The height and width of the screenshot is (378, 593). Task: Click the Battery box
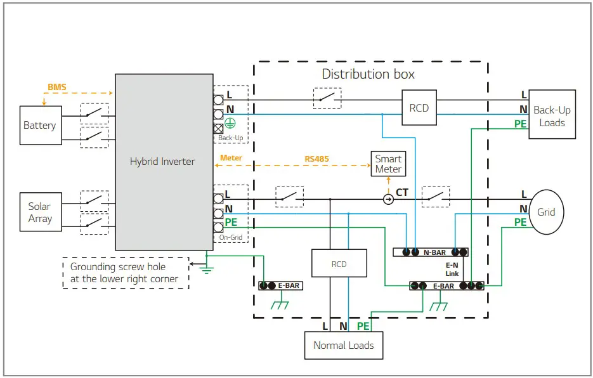click(x=39, y=126)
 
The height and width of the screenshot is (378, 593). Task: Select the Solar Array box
click(x=40, y=212)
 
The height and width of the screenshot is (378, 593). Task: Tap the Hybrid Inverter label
click(x=162, y=162)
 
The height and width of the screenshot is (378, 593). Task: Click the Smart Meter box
click(x=388, y=164)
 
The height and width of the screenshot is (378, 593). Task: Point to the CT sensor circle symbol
click(x=388, y=199)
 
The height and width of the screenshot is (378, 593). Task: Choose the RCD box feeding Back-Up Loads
click(x=419, y=108)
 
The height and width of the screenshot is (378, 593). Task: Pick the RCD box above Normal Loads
click(x=339, y=263)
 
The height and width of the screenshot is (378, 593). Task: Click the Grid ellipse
click(x=546, y=212)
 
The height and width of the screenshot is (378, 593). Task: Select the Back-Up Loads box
click(x=552, y=116)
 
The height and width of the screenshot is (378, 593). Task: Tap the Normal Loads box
click(x=344, y=346)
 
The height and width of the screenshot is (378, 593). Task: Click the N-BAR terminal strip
click(x=431, y=252)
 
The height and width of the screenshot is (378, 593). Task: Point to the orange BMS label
click(x=56, y=87)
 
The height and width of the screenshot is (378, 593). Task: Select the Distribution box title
click(x=368, y=74)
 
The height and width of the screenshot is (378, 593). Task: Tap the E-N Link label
click(x=452, y=269)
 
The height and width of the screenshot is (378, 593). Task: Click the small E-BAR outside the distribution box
click(x=280, y=286)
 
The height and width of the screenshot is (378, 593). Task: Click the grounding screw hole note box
click(x=126, y=273)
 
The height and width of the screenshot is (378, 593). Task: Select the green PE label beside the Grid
click(x=520, y=223)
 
